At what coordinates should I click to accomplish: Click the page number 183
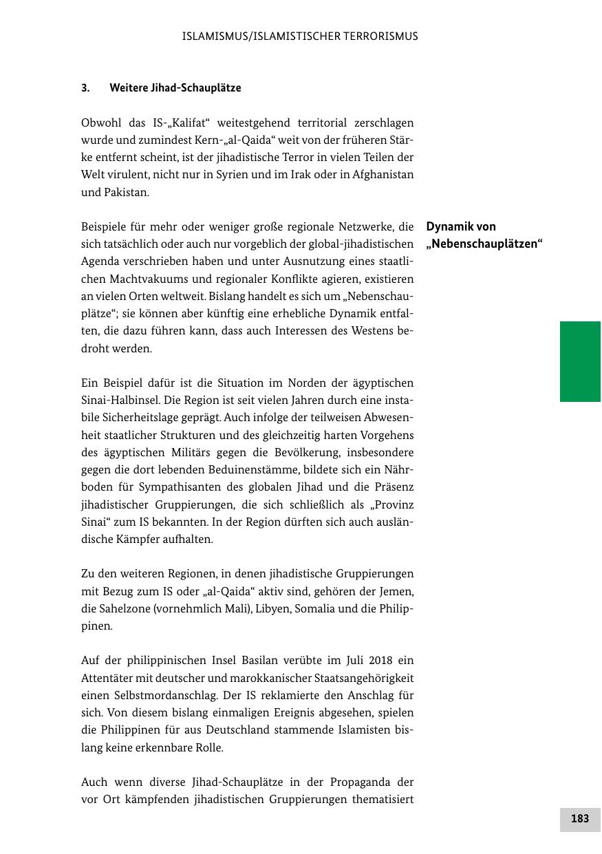[x=580, y=818]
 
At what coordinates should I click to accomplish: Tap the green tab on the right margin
[x=580, y=361]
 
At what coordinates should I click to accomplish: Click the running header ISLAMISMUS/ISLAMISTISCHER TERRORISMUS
[x=300, y=36]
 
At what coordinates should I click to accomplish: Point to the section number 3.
[x=85, y=88]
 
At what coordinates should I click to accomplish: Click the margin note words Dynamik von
[x=461, y=226]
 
